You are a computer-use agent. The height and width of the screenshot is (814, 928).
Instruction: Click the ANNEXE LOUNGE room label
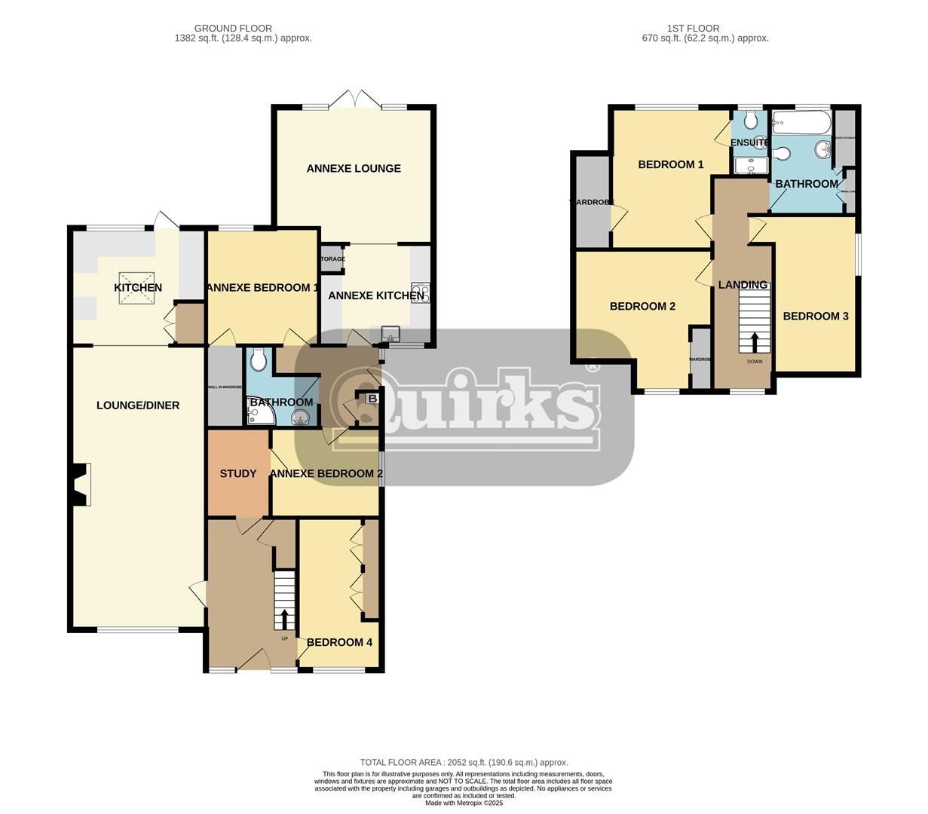tap(353, 168)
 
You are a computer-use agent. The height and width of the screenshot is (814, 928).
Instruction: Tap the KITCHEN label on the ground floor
tap(138, 288)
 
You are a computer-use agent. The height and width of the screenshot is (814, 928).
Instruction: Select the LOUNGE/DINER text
tap(138, 405)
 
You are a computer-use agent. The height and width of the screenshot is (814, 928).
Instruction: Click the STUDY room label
tap(238, 474)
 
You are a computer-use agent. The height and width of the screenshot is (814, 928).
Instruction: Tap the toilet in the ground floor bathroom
tap(259, 360)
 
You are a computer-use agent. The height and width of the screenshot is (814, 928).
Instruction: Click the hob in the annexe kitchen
tap(421, 292)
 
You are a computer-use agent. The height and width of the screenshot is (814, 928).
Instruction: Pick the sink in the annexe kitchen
tap(390, 333)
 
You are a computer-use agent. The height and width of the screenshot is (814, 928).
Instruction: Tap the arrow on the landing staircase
tap(755, 343)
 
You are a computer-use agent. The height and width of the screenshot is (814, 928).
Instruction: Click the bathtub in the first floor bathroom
tap(801, 122)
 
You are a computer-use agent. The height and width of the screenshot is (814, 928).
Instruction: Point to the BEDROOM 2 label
tap(642, 306)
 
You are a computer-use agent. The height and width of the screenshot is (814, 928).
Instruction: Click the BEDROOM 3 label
tap(815, 316)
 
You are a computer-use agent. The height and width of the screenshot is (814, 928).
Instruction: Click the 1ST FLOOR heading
tap(693, 29)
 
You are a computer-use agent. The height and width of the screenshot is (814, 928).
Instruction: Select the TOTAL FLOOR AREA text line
tap(464, 763)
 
